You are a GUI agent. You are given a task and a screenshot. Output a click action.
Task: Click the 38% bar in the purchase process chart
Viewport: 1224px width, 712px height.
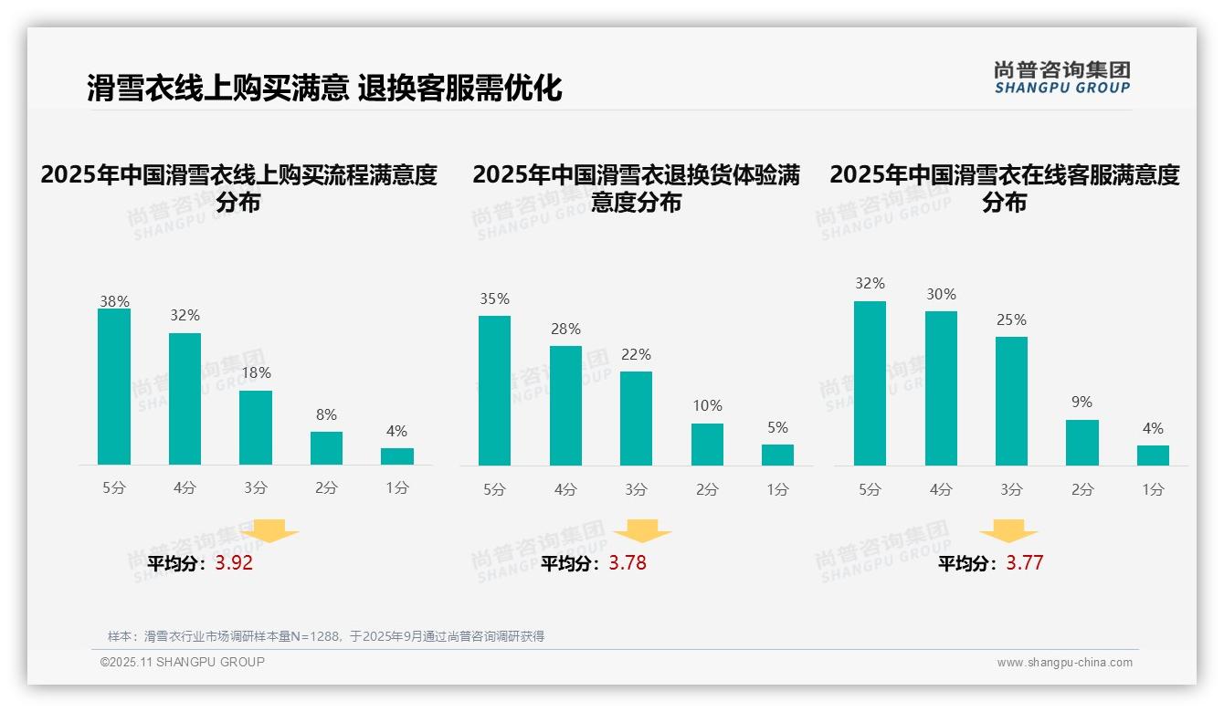[x=114, y=387]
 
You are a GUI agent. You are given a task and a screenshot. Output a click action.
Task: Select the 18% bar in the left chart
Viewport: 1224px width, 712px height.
[x=256, y=428]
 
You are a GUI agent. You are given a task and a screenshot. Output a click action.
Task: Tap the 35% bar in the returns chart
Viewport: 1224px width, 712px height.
[x=494, y=391]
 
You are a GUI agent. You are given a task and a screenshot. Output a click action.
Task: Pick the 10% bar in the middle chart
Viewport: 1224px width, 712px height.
[x=707, y=445]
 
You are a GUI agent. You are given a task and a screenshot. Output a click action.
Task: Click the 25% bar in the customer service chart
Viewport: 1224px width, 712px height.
[x=1011, y=402]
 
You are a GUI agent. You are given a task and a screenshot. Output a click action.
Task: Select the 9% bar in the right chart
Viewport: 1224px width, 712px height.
[x=1082, y=443]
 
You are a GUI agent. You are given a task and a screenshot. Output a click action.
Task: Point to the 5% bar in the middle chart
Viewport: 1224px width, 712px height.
[x=777, y=455]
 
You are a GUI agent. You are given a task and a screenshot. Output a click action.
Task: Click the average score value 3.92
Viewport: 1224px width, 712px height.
[x=234, y=563]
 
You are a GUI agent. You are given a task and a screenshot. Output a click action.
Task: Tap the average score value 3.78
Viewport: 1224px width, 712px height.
[x=628, y=563]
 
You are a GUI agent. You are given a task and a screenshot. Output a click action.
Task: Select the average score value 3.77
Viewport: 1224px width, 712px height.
[x=1024, y=563]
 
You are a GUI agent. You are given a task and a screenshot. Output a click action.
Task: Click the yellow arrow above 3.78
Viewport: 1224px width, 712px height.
[x=642, y=530]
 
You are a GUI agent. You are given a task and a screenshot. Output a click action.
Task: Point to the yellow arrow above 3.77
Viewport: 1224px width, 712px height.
[x=1008, y=530]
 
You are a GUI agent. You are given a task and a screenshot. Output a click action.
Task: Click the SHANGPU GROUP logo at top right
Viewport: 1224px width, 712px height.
[x=1061, y=78]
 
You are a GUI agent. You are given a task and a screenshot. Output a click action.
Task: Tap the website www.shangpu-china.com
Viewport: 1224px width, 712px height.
[x=1064, y=663]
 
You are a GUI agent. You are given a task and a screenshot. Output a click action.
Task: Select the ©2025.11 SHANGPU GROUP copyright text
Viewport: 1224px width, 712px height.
[x=183, y=662]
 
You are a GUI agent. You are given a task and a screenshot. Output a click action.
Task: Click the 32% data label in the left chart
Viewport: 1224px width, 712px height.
[x=185, y=316]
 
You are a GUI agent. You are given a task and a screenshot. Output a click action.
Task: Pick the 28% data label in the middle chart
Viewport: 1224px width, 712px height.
[x=565, y=330]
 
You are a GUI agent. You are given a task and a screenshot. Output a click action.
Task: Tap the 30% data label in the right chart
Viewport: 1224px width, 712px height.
[x=941, y=295]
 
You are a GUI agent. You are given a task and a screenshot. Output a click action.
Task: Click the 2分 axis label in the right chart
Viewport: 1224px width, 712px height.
[x=1082, y=490]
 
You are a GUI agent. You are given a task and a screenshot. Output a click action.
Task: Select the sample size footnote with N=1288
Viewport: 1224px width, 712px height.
[x=326, y=636]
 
